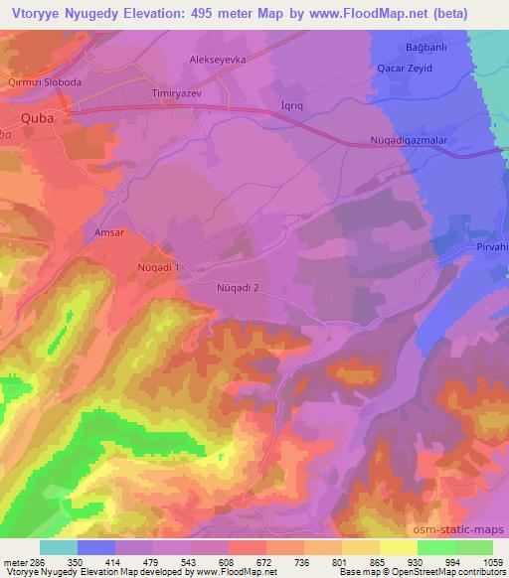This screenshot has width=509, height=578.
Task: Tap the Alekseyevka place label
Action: point(217,60)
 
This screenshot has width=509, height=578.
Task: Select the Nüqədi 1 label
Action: point(157,268)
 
